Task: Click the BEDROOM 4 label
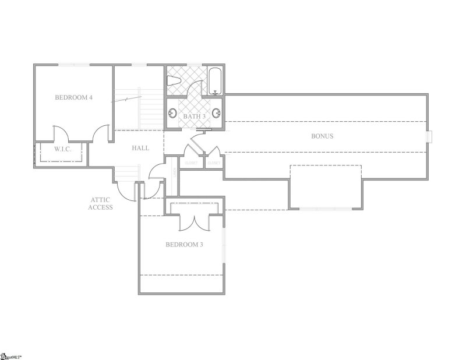pos(73,97)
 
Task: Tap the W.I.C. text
pos(62,149)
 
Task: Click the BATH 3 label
pos(195,117)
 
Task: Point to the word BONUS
pos(322,136)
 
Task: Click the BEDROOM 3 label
pos(184,245)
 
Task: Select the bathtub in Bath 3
pos(215,82)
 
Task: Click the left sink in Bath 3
pos(172,114)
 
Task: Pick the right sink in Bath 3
pos(217,113)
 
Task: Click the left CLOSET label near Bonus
pos(192,163)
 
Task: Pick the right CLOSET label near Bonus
pos(213,163)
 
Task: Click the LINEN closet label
pos(174,173)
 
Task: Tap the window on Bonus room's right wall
pos(429,136)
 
